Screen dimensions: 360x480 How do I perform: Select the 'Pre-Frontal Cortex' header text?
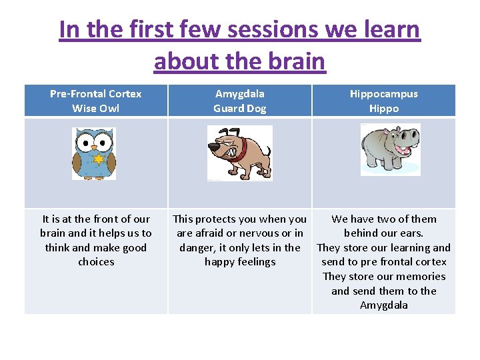(x=96, y=93)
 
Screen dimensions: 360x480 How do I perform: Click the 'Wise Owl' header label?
(x=96, y=108)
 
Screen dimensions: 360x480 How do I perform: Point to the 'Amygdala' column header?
(x=240, y=93)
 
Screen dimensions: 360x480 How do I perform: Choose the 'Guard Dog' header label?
(x=240, y=108)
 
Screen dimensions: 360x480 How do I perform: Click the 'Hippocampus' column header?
(x=384, y=93)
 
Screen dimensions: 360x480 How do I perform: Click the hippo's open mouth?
(x=403, y=147)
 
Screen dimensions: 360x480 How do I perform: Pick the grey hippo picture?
(x=390, y=150)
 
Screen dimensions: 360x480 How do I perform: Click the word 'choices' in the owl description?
(x=96, y=262)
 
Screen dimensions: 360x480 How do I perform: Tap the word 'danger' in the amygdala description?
(x=197, y=247)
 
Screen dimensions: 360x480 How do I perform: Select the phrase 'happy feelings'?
(x=240, y=262)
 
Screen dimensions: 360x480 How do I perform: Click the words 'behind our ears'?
(x=384, y=233)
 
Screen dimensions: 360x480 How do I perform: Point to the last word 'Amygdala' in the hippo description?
(x=384, y=305)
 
